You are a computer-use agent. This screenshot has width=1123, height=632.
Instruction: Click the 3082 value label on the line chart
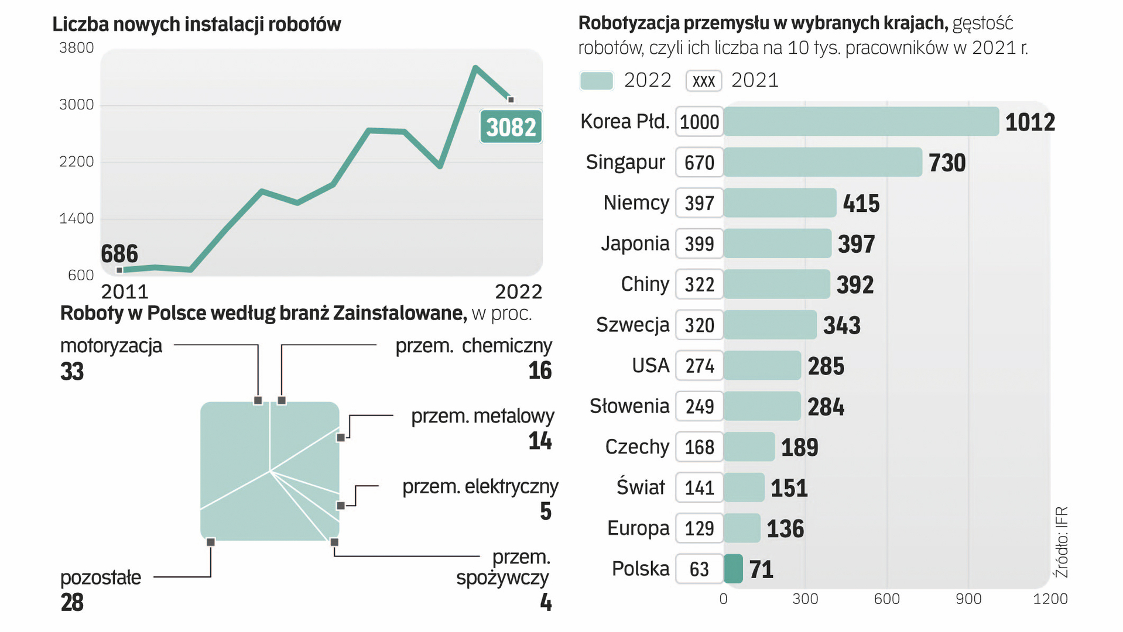511,127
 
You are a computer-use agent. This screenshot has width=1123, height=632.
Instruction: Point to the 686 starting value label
119,254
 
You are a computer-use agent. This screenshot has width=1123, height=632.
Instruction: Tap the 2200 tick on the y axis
76,162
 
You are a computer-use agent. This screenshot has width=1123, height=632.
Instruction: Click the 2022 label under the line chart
518,291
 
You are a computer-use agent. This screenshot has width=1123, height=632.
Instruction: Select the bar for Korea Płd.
861,122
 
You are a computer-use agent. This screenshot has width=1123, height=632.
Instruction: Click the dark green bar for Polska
733,569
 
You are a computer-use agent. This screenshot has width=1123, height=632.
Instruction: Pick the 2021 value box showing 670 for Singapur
699,163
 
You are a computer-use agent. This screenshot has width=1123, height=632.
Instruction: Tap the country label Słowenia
629,406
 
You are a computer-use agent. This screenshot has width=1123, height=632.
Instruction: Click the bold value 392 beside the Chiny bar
855,285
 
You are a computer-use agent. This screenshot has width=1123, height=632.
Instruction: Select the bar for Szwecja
770,325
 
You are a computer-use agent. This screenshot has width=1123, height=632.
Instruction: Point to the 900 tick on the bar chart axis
968,599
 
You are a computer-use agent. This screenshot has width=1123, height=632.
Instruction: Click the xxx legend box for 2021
703,81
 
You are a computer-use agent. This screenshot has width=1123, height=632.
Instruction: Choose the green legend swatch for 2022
596,81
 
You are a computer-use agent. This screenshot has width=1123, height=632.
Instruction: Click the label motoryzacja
111,346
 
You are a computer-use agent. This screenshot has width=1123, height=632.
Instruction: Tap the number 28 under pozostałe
72,603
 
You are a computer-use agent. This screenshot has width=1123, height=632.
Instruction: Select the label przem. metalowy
482,416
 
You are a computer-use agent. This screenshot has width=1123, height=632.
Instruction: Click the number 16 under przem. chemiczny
540,371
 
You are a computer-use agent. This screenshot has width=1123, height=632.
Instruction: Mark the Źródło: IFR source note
1061,542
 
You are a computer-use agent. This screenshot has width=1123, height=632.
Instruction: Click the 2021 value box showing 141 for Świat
699,488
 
